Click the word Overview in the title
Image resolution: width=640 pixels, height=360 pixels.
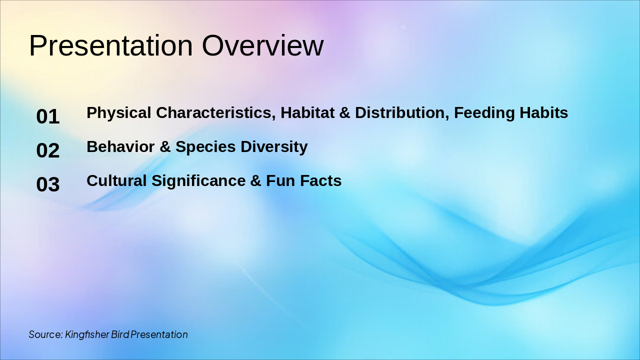(x=262, y=46)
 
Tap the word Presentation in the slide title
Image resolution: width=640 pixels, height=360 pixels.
(x=110, y=46)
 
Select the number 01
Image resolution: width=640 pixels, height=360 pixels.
(x=48, y=117)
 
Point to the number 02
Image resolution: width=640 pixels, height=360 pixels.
(x=48, y=151)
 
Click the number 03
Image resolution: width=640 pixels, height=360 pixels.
(x=48, y=185)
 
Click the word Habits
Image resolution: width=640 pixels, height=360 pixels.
(x=544, y=113)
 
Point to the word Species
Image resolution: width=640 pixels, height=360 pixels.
(x=205, y=147)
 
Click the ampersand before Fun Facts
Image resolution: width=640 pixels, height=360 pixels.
(x=256, y=181)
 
